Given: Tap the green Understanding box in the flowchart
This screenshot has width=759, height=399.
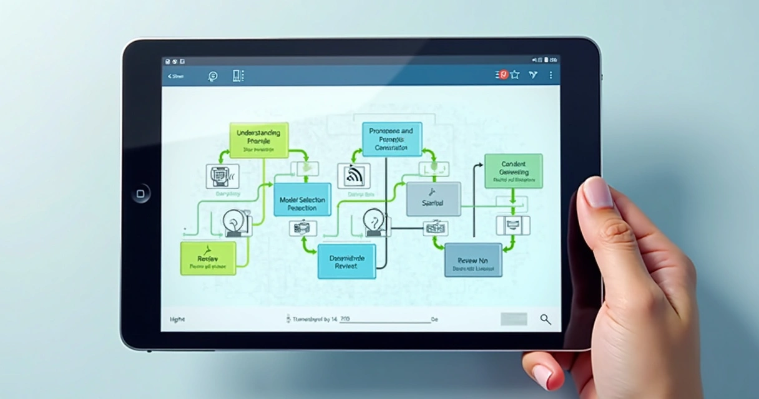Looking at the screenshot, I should coord(258,140).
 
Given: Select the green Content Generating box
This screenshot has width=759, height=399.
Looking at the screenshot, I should coord(513,171).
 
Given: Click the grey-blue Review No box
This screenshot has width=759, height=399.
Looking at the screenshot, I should coord(473,260).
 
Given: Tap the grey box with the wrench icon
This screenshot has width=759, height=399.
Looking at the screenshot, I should coord(433,199).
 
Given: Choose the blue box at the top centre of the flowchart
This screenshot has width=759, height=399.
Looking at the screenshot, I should coord(391,139).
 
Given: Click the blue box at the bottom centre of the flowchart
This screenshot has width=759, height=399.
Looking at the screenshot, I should coord(346,261).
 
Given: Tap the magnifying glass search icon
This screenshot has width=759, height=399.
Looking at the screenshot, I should coord(546,319).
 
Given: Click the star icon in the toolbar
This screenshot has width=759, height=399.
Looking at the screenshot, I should coord(515,75).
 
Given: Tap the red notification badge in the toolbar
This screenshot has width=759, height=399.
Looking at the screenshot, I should coord(503,75).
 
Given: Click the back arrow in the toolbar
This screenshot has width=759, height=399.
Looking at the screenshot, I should coord(170,76).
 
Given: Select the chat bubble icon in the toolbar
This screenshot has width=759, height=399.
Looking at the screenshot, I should coord(212,76).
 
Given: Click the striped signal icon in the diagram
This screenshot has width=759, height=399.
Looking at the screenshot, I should coord(353,176).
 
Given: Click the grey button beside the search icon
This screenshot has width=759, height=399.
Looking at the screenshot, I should coord(513,319).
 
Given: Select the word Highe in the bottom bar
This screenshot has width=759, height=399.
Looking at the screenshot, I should coord(177,319).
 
